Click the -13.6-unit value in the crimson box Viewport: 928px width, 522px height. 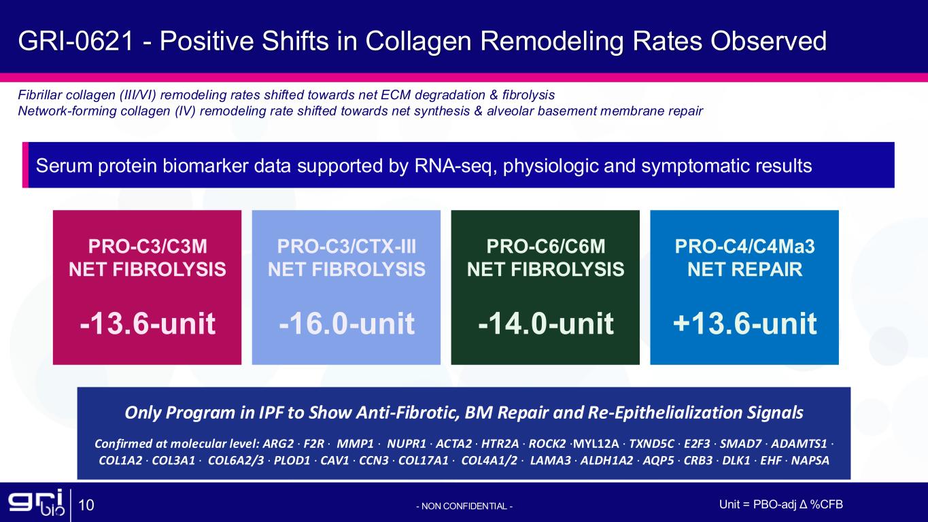[148, 323]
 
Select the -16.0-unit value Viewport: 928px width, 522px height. [347, 323]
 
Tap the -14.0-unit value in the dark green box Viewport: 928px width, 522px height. [546, 323]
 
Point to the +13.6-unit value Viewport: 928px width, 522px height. [745, 323]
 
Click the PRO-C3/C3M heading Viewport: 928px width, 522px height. [148, 247]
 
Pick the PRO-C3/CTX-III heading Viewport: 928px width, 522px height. [347, 247]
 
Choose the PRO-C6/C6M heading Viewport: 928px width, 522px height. [546, 247]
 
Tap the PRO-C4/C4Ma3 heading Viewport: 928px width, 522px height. [745, 247]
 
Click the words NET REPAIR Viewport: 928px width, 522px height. [745, 269]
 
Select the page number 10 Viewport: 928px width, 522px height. [86, 505]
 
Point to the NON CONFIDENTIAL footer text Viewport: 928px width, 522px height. [464, 506]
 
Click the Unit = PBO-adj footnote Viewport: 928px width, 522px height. [781, 504]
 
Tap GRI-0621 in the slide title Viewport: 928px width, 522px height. [76, 41]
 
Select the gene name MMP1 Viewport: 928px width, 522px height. [355, 444]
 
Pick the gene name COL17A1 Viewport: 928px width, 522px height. [423, 461]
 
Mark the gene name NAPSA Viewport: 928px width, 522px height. [810, 461]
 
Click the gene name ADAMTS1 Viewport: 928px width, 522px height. [799, 444]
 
